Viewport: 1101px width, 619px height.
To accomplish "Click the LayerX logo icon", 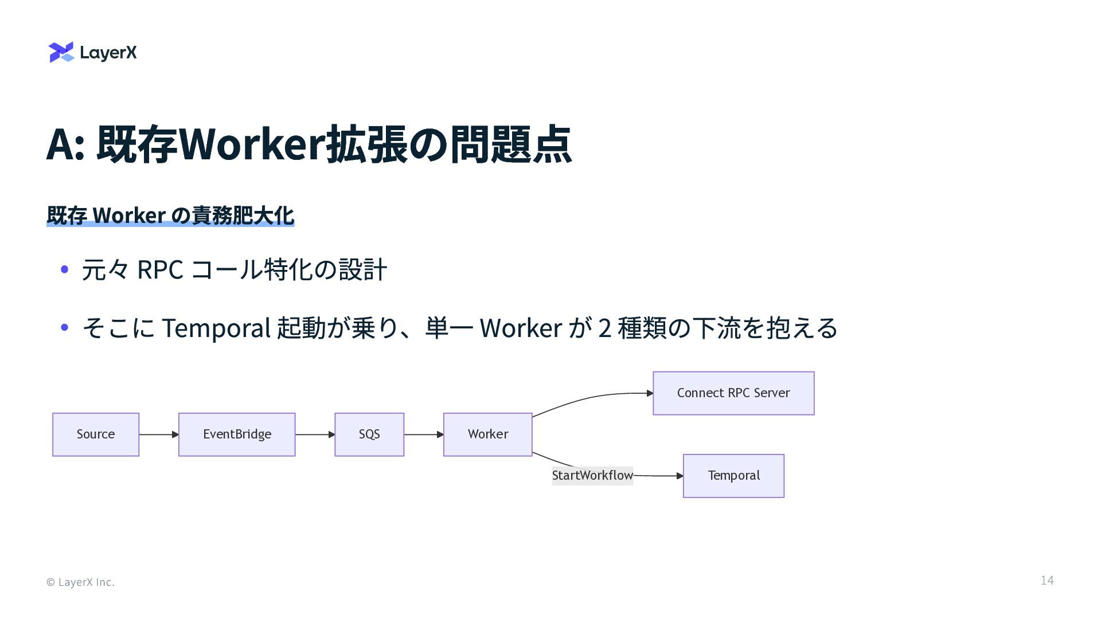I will (x=61, y=52).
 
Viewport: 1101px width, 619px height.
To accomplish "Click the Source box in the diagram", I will (x=96, y=434).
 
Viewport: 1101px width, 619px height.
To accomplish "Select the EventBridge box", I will (x=237, y=434).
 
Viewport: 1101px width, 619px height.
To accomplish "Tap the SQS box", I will (x=369, y=434).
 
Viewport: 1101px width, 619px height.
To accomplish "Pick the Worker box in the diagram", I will (x=487, y=434).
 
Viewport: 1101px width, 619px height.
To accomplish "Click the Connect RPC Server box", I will (x=733, y=393).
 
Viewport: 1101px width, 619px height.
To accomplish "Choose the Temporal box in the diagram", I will (x=733, y=476).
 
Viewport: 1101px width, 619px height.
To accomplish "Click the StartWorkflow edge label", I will (x=592, y=476).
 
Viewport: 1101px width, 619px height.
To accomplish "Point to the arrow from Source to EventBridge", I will (x=158, y=434).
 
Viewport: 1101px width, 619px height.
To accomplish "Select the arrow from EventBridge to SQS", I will (x=315, y=434).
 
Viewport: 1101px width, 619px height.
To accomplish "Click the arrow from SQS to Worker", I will (x=423, y=434).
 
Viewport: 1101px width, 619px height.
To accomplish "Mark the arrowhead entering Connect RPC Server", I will (x=650, y=393).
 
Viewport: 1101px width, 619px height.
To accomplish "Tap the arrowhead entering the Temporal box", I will (x=680, y=476).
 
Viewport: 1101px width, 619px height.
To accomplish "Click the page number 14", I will (x=1047, y=581).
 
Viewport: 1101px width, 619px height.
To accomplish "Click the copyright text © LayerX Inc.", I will (x=80, y=582).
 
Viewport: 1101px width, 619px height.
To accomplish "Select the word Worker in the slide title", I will (x=252, y=144).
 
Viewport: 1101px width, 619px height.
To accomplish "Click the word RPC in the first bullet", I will (x=160, y=269).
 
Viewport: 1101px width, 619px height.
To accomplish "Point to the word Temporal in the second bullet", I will (x=216, y=328).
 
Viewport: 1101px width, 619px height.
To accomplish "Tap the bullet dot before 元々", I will (x=65, y=269).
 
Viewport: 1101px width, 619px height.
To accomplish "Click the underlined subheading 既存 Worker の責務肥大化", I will (x=170, y=216).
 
